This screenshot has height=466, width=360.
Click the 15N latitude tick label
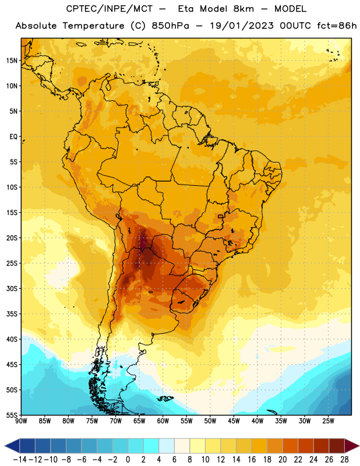(12, 61)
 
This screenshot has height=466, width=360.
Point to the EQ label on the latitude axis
(13, 137)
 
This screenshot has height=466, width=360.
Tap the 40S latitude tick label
(12, 339)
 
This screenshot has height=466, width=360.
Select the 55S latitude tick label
(12, 415)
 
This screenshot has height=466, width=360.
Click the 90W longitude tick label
(21, 421)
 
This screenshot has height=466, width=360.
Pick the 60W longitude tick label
(163, 421)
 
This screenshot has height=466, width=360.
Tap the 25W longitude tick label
(328, 421)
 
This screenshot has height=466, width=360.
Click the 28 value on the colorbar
(344, 460)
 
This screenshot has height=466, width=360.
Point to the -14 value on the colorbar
(20, 460)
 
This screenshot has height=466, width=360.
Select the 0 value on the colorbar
(128, 460)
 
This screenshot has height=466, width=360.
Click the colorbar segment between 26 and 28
(337, 446)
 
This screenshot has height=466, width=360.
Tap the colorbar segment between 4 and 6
(167, 446)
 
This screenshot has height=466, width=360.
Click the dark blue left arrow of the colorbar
(12, 446)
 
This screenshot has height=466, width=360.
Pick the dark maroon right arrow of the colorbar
(352, 446)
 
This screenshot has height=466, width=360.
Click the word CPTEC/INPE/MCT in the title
(109, 9)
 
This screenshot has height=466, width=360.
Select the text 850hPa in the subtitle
(170, 26)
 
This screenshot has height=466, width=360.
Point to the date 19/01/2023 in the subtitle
(242, 26)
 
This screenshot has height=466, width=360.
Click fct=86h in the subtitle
(337, 26)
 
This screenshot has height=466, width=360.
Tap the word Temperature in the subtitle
(93, 26)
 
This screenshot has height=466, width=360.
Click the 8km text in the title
(243, 9)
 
